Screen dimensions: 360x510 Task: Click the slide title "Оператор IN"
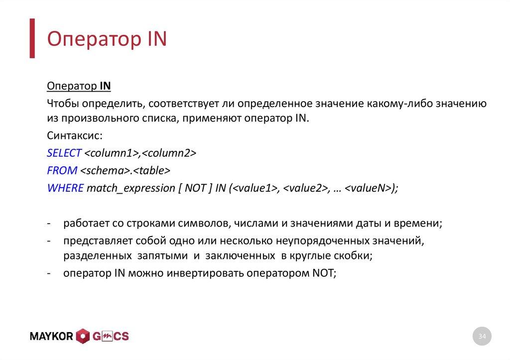tap(107, 39)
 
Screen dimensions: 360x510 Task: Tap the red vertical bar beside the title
tap(32, 38)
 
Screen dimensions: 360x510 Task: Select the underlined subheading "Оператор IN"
tap(79, 86)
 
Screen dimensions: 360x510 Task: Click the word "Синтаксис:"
tap(74, 136)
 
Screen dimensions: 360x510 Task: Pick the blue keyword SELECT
tap(64, 153)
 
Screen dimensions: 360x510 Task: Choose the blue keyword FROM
tap(62, 170)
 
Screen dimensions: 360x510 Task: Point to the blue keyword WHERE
tap(65, 188)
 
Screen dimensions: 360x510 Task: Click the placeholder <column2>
tap(169, 153)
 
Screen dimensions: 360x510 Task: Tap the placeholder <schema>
tap(105, 170)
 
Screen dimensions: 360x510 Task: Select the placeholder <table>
tap(151, 170)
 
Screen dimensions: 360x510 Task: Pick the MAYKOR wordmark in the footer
tap(52, 337)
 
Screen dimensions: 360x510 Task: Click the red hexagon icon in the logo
tap(83, 337)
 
